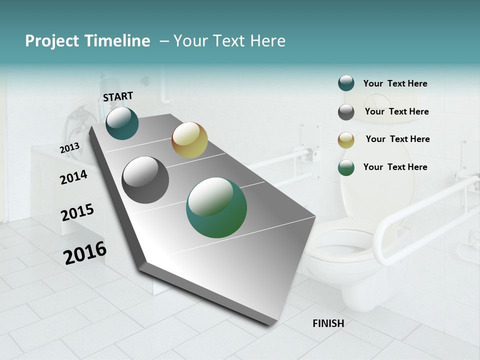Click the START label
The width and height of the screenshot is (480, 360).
(x=118, y=96)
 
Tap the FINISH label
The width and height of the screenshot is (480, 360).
(x=328, y=323)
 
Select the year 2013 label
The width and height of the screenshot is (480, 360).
(x=69, y=148)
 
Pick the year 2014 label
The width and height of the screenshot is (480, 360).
(x=73, y=177)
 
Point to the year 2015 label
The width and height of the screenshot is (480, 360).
(x=77, y=212)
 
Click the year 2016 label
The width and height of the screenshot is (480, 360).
(x=85, y=253)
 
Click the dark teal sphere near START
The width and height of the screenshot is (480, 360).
(x=122, y=123)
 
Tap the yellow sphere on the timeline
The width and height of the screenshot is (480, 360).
(x=189, y=140)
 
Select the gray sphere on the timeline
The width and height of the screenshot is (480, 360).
(x=145, y=180)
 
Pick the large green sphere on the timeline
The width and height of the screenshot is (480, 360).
(x=216, y=207)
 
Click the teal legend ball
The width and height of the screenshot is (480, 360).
(x=346, y=83)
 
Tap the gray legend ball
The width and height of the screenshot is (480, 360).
(x=346, y=112)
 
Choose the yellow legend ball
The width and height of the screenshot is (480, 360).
(x=346, y=140)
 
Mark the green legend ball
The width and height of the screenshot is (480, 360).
(x=346, y=167)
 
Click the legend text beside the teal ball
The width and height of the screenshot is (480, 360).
(x=395, y=83)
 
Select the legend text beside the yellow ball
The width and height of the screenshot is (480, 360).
(x=397, y=139)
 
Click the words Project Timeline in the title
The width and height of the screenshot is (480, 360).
(x=87, y=41)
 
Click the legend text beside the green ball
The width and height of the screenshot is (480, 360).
(x=395, y=167)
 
